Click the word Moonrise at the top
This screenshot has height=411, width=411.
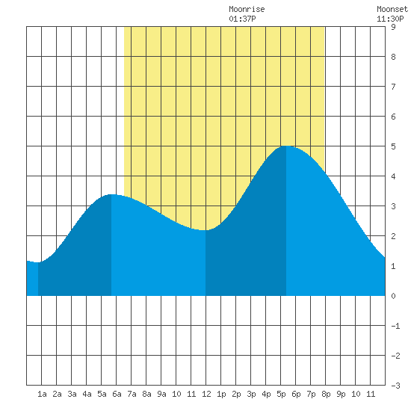(247, 9)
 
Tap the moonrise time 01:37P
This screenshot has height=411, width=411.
(242, 19)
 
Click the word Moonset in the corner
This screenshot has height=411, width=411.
(392, 9)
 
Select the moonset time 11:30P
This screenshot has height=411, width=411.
(390, 19)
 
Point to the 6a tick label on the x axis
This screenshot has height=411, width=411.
(117, 394)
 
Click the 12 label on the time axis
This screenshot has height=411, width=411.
(206, 394)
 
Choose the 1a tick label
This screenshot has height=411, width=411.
(42, 394)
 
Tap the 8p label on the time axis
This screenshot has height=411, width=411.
(326, 394)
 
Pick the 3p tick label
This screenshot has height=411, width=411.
(251, 394)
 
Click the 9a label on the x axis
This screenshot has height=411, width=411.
(161, 394)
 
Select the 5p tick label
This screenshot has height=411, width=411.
(281, 394)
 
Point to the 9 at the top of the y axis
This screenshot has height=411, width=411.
(393, 27)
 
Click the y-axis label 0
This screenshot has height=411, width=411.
(393, 296)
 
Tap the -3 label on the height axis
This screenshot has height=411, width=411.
(395, 386)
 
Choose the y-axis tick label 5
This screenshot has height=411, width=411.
(393, 146)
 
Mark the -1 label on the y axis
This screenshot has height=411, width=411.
(395, 326)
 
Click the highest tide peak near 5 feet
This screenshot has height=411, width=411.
(286, 146)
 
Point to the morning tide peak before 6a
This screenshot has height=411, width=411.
(111, 194)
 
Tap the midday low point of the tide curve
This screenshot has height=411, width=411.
(205, 230)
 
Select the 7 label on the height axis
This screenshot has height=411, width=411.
(393, 87)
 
